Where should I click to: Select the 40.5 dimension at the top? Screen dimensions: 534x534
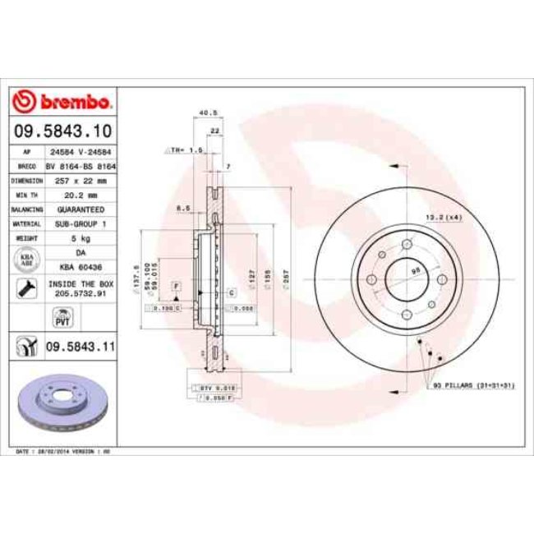point(207,113)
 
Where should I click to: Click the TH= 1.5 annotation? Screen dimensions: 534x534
point(185,151)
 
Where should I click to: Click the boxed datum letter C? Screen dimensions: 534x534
point(232,292)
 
